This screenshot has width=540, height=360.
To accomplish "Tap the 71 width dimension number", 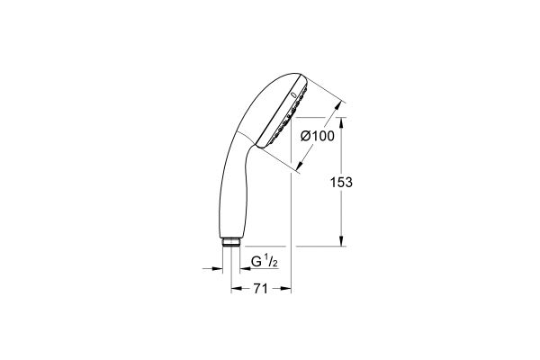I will coord(261,290).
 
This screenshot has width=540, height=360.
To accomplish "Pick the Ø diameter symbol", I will coord(304,136).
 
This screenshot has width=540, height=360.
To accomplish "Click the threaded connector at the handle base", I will coord(231,242).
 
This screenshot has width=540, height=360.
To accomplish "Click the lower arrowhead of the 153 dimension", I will coord(341,240).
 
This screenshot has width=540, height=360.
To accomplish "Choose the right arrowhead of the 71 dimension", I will coord(287,290).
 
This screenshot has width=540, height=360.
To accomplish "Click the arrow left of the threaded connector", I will coord(220,267).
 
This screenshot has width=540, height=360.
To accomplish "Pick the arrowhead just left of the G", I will coord(242,267).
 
